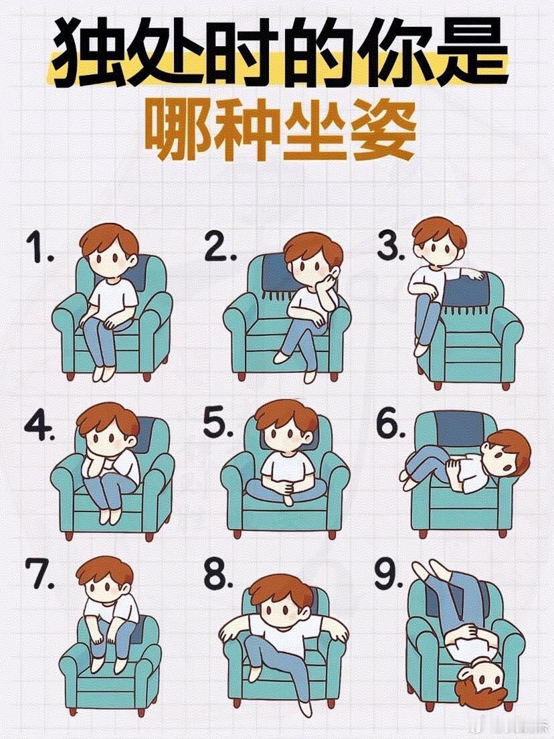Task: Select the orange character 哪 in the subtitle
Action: [175, 130]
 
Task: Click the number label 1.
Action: [39, 248]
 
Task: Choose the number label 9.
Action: [389, 574]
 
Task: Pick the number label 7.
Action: [43, 575]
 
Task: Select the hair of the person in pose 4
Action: [108, 419]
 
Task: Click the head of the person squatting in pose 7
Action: [106, 580]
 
